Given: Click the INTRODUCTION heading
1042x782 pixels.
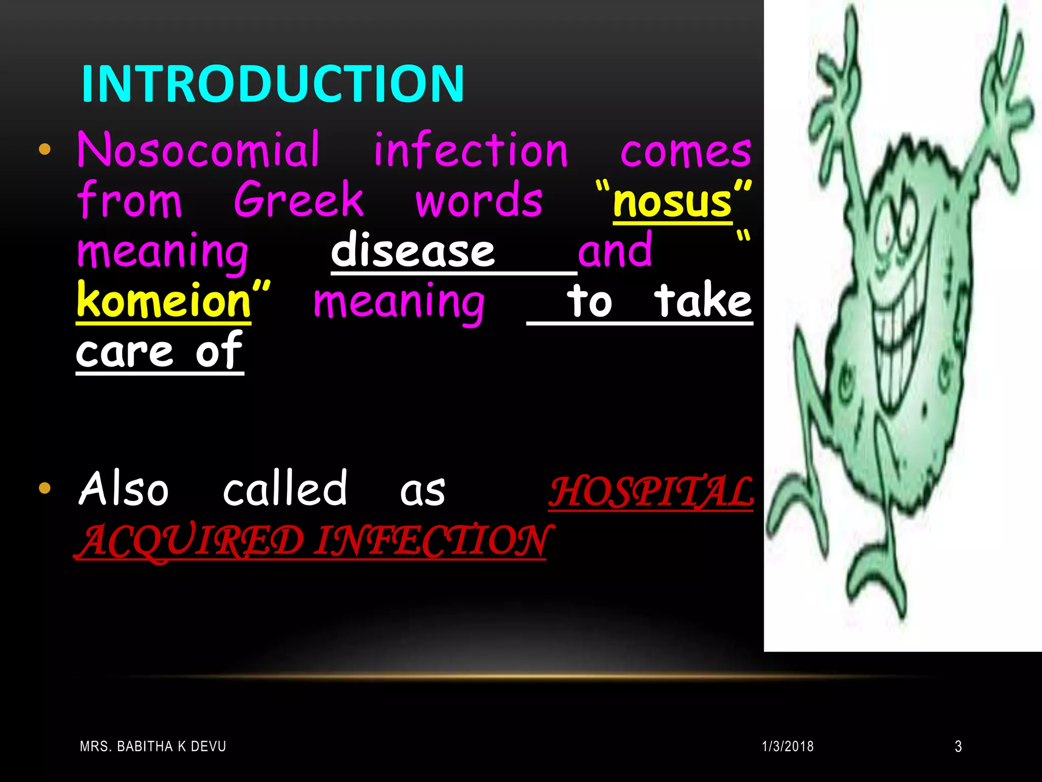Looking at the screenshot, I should (273, 83).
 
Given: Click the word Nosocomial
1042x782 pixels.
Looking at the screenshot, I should (198, 150).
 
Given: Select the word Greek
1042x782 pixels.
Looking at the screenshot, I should (299, 200).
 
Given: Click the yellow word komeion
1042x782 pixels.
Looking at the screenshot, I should (164, 301).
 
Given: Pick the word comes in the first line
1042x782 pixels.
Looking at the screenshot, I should (686, 151).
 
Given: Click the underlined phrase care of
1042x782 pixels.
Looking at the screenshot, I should (159, 351).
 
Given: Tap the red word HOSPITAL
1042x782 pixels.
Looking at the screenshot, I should (651, 492).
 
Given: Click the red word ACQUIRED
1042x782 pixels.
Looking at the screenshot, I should (191, 541).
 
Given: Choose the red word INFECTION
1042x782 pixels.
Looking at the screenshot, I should (430, 541).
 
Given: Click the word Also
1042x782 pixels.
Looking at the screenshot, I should (124, 489).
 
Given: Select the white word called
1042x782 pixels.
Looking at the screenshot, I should (285, 489).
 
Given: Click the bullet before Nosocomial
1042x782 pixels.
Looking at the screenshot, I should (45, 149).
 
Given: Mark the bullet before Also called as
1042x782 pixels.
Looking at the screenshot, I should (45, 488).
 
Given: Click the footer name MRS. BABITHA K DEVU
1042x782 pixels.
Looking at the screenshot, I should (153, 746).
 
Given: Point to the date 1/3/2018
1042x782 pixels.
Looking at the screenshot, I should (788, 746).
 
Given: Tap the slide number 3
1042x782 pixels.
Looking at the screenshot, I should (958, 746).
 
